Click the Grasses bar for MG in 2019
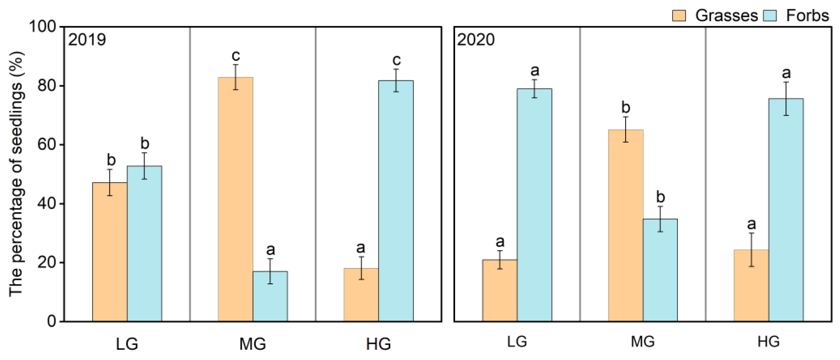tap(235, 199)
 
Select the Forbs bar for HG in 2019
tap(396, 201)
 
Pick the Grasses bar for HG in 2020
tap(751, 285)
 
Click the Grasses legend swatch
tap(679, 16)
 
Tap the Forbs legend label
tap(807, 16)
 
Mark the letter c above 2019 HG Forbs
tap(396, 60)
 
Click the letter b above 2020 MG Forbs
tap(660, 197)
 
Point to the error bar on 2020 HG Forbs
tap(786, 98)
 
